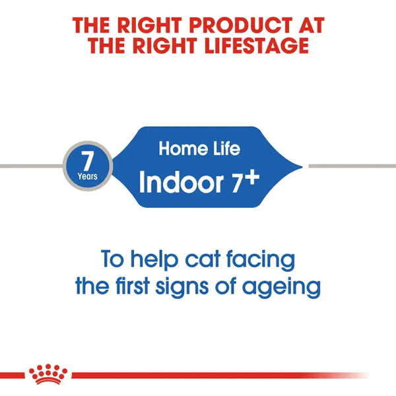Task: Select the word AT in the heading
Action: click(x=311, y=25)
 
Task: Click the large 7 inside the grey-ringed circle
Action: click(x=87, y=160)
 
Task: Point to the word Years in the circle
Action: click(x=87, y=176)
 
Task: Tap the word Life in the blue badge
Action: click(x=226, y=148)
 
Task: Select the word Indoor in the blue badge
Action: click(x=181, y=182)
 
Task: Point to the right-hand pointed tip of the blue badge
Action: click(x=302, y=167)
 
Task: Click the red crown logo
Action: click(x=48, y=374)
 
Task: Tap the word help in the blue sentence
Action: click(x=154, y=259)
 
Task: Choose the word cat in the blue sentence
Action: click(x=203, y=259)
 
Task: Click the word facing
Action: click(x=261, y=260)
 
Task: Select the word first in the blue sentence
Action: click(x=133, y=286)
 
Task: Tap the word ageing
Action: click(x=281, y=288)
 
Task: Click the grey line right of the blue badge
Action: click(x=352, y=166)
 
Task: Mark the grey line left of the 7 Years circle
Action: click(x=32, y=166)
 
